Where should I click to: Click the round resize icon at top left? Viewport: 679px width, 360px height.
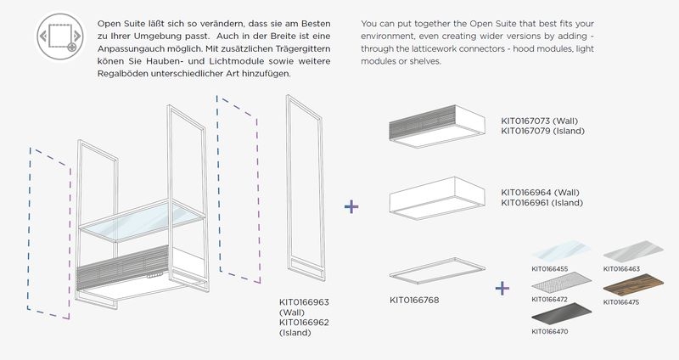coord(60,36)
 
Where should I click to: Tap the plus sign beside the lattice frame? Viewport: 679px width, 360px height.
coord(351,206)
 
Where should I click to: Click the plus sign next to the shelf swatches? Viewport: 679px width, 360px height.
coord(502,288)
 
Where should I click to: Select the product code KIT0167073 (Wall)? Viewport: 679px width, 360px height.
coord(539,121)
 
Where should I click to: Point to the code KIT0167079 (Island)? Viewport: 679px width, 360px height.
coord(542,131)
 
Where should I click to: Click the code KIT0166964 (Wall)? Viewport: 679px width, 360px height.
coord(540,193)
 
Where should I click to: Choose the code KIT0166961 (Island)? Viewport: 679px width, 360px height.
coord(542,203)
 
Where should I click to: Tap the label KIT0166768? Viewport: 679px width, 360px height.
coord(414,300)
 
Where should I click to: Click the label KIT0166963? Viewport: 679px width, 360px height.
coord(304,302)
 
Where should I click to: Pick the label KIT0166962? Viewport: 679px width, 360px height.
coord(304,323)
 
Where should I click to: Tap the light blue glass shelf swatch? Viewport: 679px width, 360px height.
coord(561,250)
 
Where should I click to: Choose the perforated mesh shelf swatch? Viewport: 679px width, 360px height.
coord(562,284)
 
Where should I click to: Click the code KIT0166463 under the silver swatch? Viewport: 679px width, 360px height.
coord(621,269)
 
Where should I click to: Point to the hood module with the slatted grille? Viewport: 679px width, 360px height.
coord(436,126)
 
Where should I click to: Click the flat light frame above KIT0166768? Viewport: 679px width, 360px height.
coord(437,271)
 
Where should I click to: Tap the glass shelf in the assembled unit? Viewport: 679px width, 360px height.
coord(142,221)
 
